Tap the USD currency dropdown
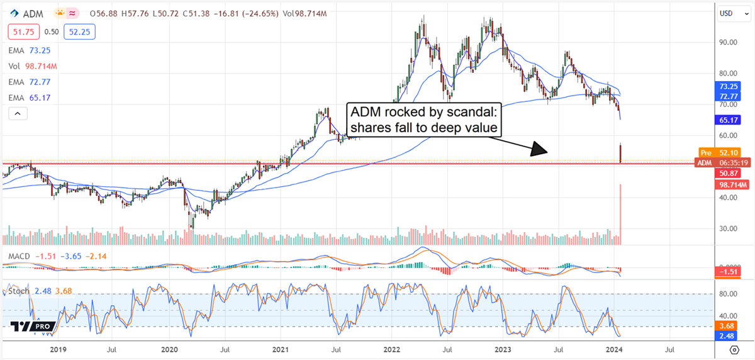[x=730, y=13]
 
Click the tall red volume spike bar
[x=621, y=214]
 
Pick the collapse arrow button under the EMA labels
[x=17, y=113]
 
